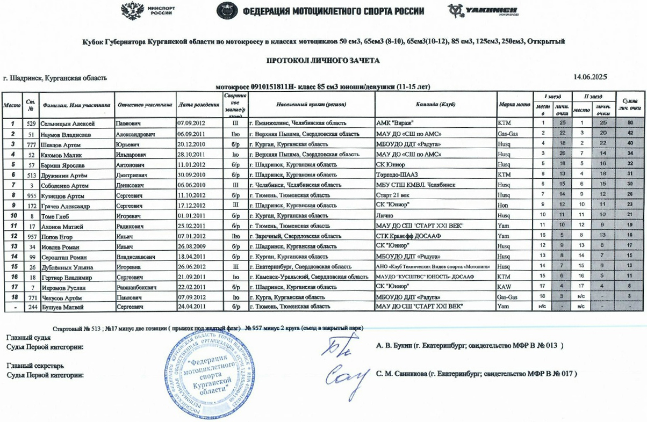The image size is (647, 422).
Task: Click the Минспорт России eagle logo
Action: tap(131, 11)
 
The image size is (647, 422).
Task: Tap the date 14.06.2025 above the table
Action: tap(591, 77)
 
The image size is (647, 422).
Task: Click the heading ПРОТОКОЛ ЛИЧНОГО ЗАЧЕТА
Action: tap(323, 61)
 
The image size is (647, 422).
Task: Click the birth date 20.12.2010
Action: tap(192, 144)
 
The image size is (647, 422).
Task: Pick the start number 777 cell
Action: tap(32, 144)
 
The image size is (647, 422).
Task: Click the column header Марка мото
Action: tap(514, 105)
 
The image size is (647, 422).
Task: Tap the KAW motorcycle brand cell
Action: tap(505, 287)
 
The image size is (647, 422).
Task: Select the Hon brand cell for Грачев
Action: tap(503, 206)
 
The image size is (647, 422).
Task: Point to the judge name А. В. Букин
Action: tap(398, 345)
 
